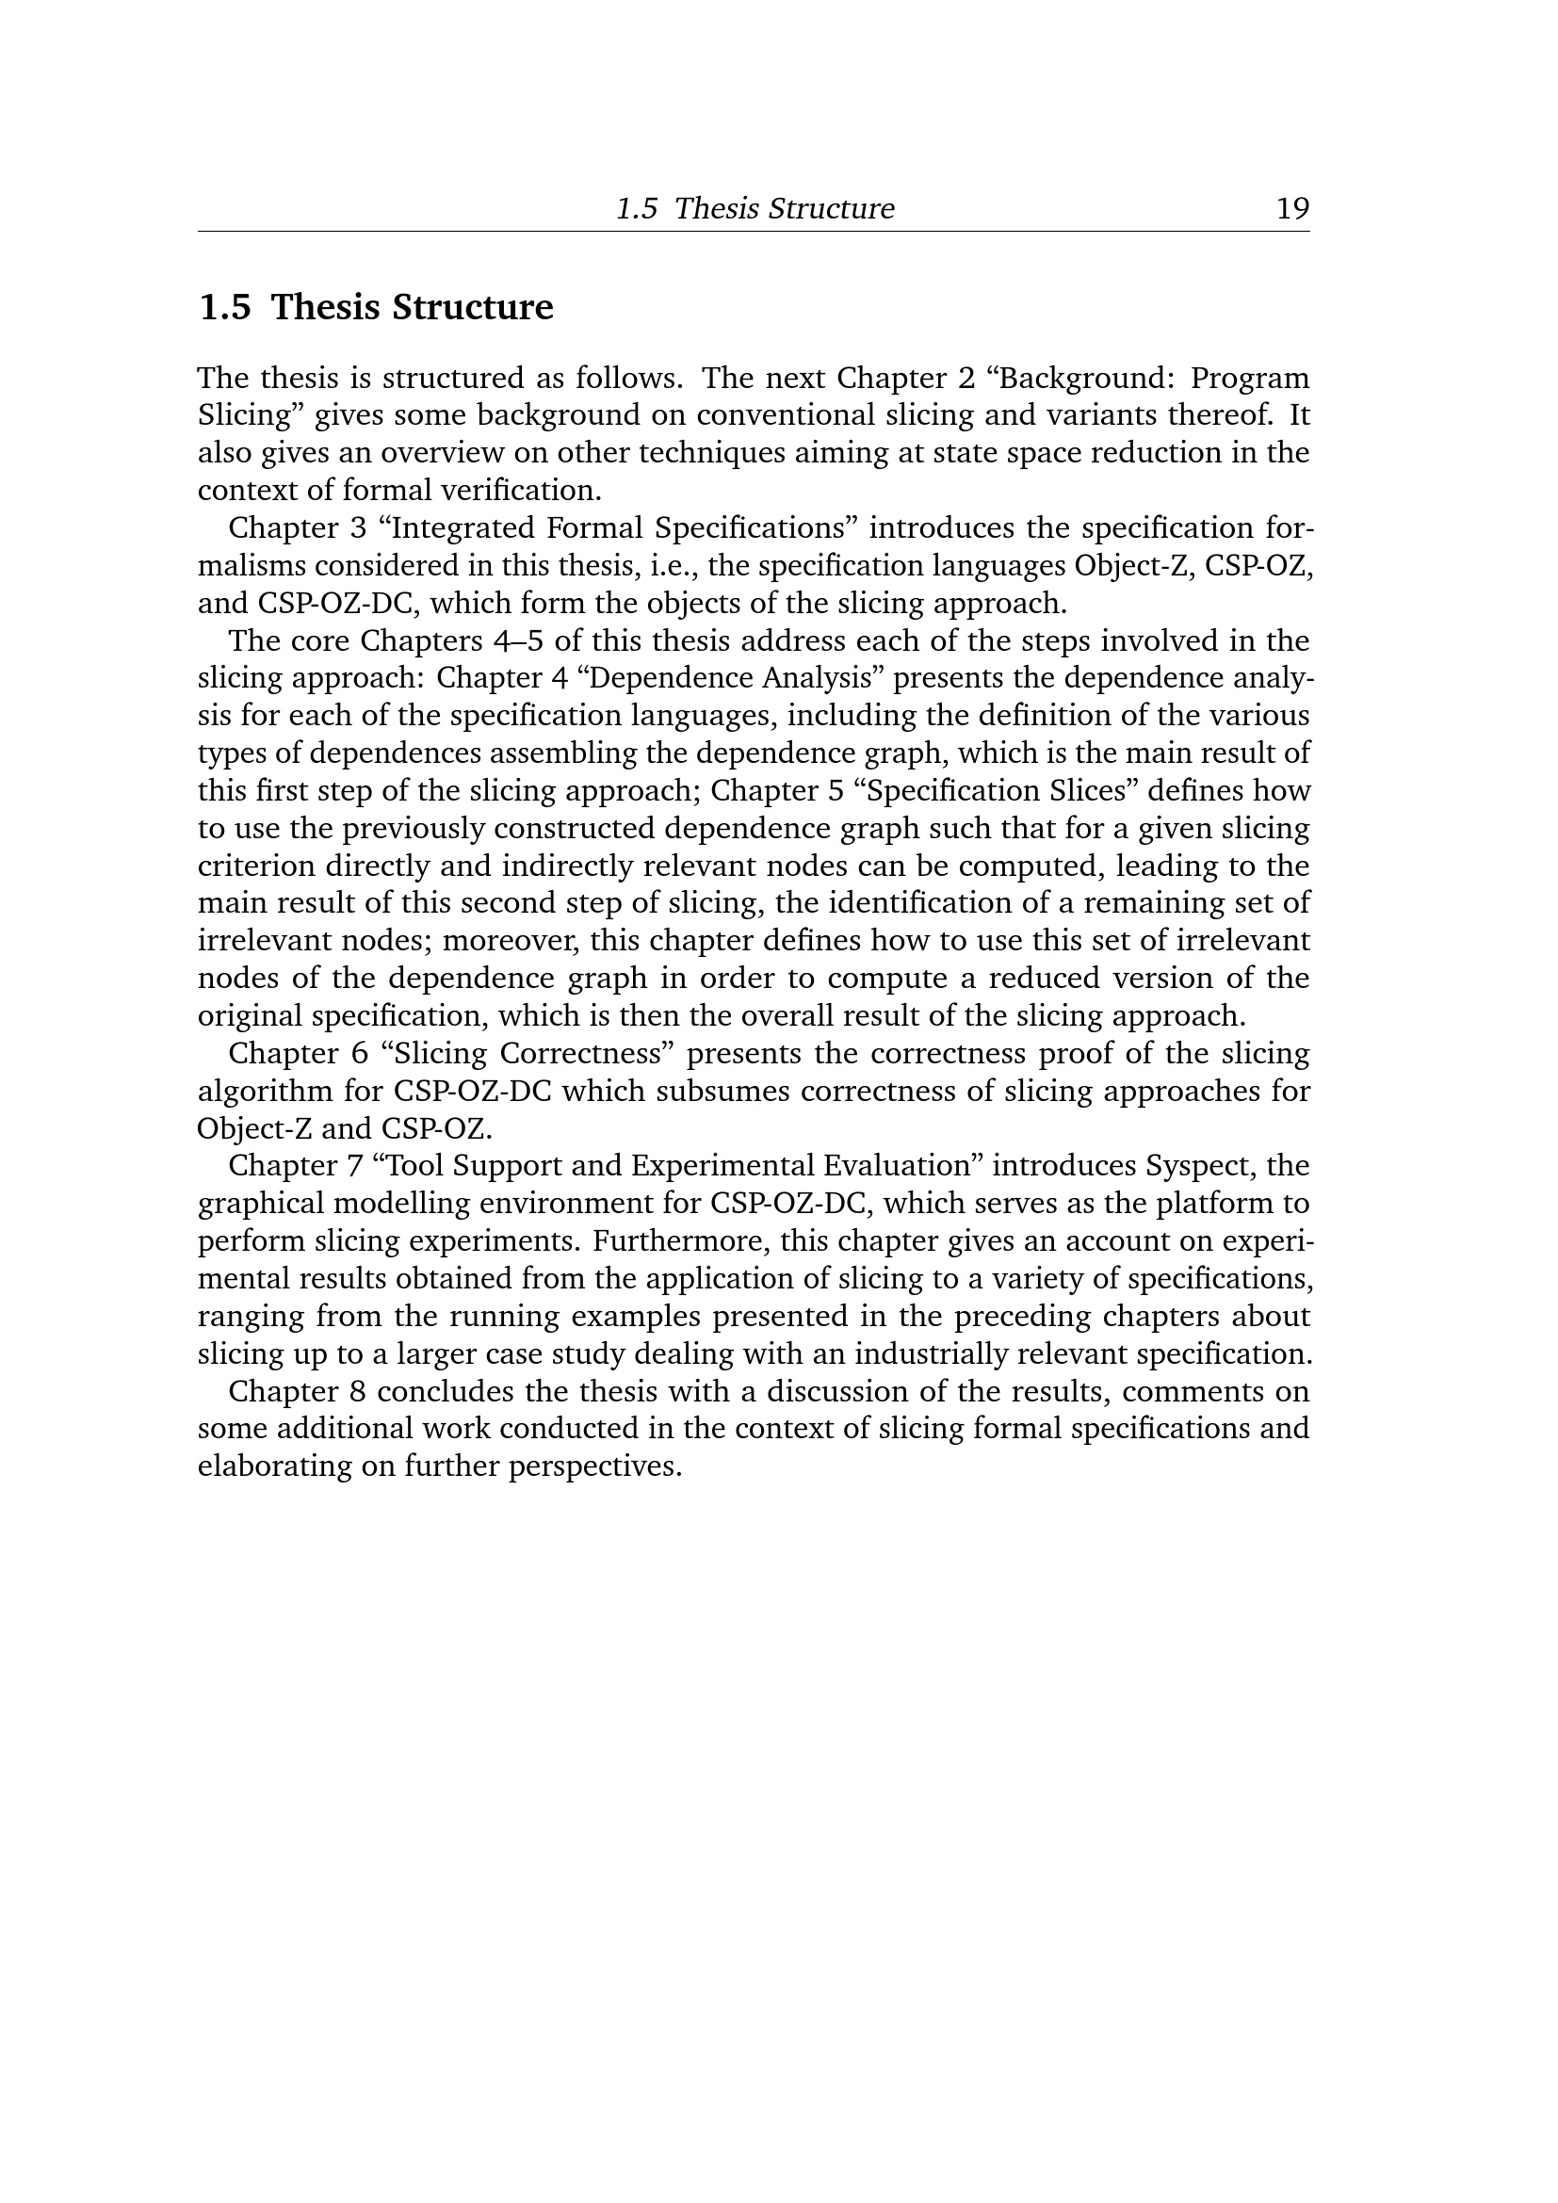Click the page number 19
tap(1291, 208)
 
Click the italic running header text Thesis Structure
tap(784, 208)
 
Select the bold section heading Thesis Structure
tap(412, 307)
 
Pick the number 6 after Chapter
tap(360, 1054)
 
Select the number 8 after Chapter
tap(360, 1391)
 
